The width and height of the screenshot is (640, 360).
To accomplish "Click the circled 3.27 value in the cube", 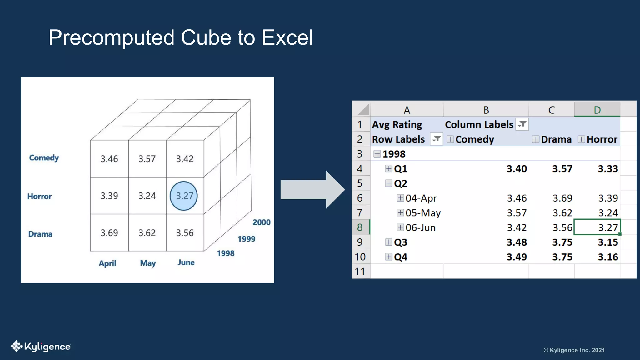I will (184, 196).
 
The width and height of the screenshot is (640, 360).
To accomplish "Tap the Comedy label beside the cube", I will (44, 158).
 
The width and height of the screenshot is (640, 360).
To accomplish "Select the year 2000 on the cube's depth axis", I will (262, 222).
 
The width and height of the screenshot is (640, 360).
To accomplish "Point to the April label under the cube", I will (107, 263).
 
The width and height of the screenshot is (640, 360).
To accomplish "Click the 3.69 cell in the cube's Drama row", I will (109, 233).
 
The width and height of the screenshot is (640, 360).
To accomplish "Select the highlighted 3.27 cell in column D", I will (597, 227).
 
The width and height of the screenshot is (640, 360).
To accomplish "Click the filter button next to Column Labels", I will (522, 124).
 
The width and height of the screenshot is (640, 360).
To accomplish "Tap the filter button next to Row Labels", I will (436, 139).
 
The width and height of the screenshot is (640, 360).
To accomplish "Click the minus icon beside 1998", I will (377, 154).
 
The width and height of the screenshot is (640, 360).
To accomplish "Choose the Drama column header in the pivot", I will (556, 139).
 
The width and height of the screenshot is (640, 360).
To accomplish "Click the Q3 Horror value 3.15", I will (608, 242).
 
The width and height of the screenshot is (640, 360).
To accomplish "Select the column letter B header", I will (486, 110).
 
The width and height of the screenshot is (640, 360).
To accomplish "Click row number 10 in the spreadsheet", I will (360, 257).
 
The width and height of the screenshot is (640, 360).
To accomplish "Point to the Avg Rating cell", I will (397, 125).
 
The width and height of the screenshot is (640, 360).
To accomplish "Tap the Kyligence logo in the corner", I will (41, 347).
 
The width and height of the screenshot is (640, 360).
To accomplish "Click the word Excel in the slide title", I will (287, 38).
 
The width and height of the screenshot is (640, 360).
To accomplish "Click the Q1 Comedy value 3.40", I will (517, 169).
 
